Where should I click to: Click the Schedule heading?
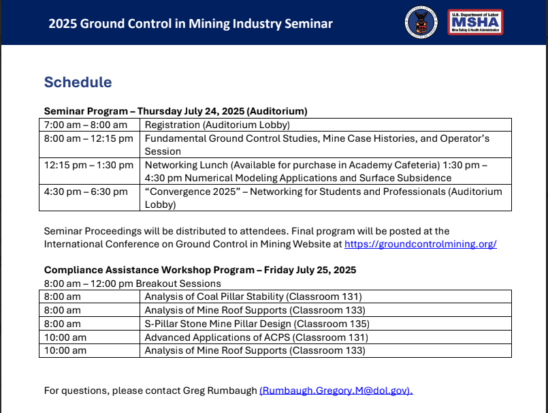pyautogui.click(x=78, y=82)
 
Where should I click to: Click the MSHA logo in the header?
pyautogui.click(x=475, y=22)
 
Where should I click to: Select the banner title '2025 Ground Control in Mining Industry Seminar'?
pyautogui.click(x=191, y=24)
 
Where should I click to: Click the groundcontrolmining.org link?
pyautogui.click(x=420, y=244)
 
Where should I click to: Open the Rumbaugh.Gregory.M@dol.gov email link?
pyautogui.click(x=336, y=391)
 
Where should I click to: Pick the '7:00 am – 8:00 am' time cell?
pyautogui.click(x=85, y=125)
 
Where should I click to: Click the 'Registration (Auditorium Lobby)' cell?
pyautogui.click(x=217, y=125)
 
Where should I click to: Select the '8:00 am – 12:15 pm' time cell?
pyautogui.click(x=88, y=138)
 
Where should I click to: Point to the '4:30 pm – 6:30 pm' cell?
pyautogui.click(x=85, y=192)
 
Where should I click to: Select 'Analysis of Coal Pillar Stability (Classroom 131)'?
pyautogui.click(x=253, y=296)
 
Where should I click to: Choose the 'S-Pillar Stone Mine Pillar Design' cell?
pyautogui.click(x=257, y=324)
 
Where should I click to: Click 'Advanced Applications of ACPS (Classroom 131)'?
pyautogui.click(x=256, y=337)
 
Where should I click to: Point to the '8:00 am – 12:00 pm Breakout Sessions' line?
pyautogui.click(x=132, y=284)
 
